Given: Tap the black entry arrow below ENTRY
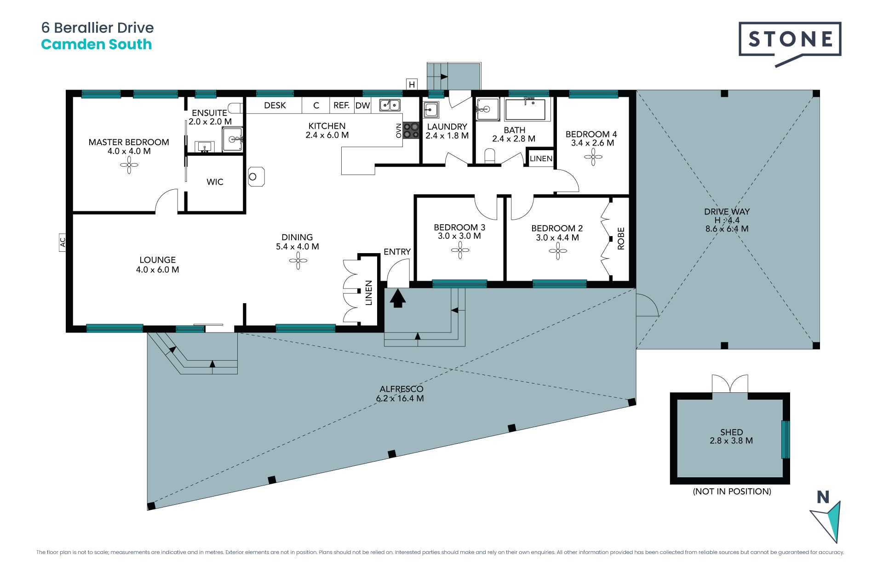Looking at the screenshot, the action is tap(398, 299).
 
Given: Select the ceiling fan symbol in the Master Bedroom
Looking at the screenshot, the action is tap(129, 165).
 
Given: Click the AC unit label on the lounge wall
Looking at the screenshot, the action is tap(63, 242).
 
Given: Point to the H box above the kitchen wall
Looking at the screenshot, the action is tap(412, 84).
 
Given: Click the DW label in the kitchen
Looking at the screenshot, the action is tap(362, 106).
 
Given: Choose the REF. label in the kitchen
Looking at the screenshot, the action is tap(341, 106).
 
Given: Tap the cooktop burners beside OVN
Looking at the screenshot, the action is tap(411, 130).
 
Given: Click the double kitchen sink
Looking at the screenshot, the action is tap(390, 105).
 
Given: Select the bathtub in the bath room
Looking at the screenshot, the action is tap(525, 109).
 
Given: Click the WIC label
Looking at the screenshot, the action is tap(215, 182).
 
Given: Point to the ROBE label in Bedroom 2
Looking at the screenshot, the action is tap(621, 238).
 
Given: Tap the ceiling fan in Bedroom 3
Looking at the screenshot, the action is tap(460, 250).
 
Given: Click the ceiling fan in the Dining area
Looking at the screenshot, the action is tap(298, 261).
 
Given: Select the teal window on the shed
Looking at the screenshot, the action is tap(786, 440).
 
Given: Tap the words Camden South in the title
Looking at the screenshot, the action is tap(96, 45).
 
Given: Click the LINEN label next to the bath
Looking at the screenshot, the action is tap(541, 159).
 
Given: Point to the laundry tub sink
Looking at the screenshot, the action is tap(431, 110).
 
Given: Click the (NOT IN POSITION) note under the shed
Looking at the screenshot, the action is tap(732, 492).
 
